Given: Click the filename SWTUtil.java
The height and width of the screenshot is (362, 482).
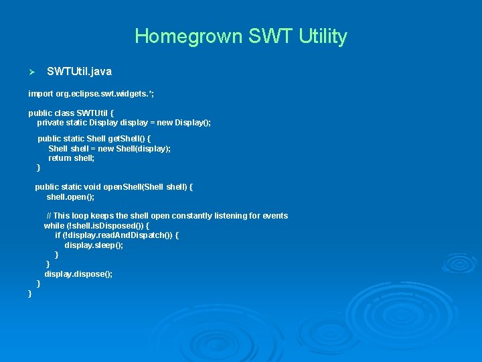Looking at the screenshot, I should (x=79, y=71).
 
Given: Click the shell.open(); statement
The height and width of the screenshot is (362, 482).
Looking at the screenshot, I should (x=70, y=197).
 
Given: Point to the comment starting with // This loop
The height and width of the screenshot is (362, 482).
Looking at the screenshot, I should (x=167, y=216).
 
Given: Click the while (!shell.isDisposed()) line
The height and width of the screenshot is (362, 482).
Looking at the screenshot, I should (x=96, y=226).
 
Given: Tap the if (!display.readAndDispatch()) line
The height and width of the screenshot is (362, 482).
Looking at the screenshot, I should (x=116, y=236).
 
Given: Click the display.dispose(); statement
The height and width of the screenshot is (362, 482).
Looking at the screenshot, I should (x=78, y=274).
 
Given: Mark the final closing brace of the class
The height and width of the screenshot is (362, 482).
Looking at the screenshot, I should (x=30, y=294).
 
